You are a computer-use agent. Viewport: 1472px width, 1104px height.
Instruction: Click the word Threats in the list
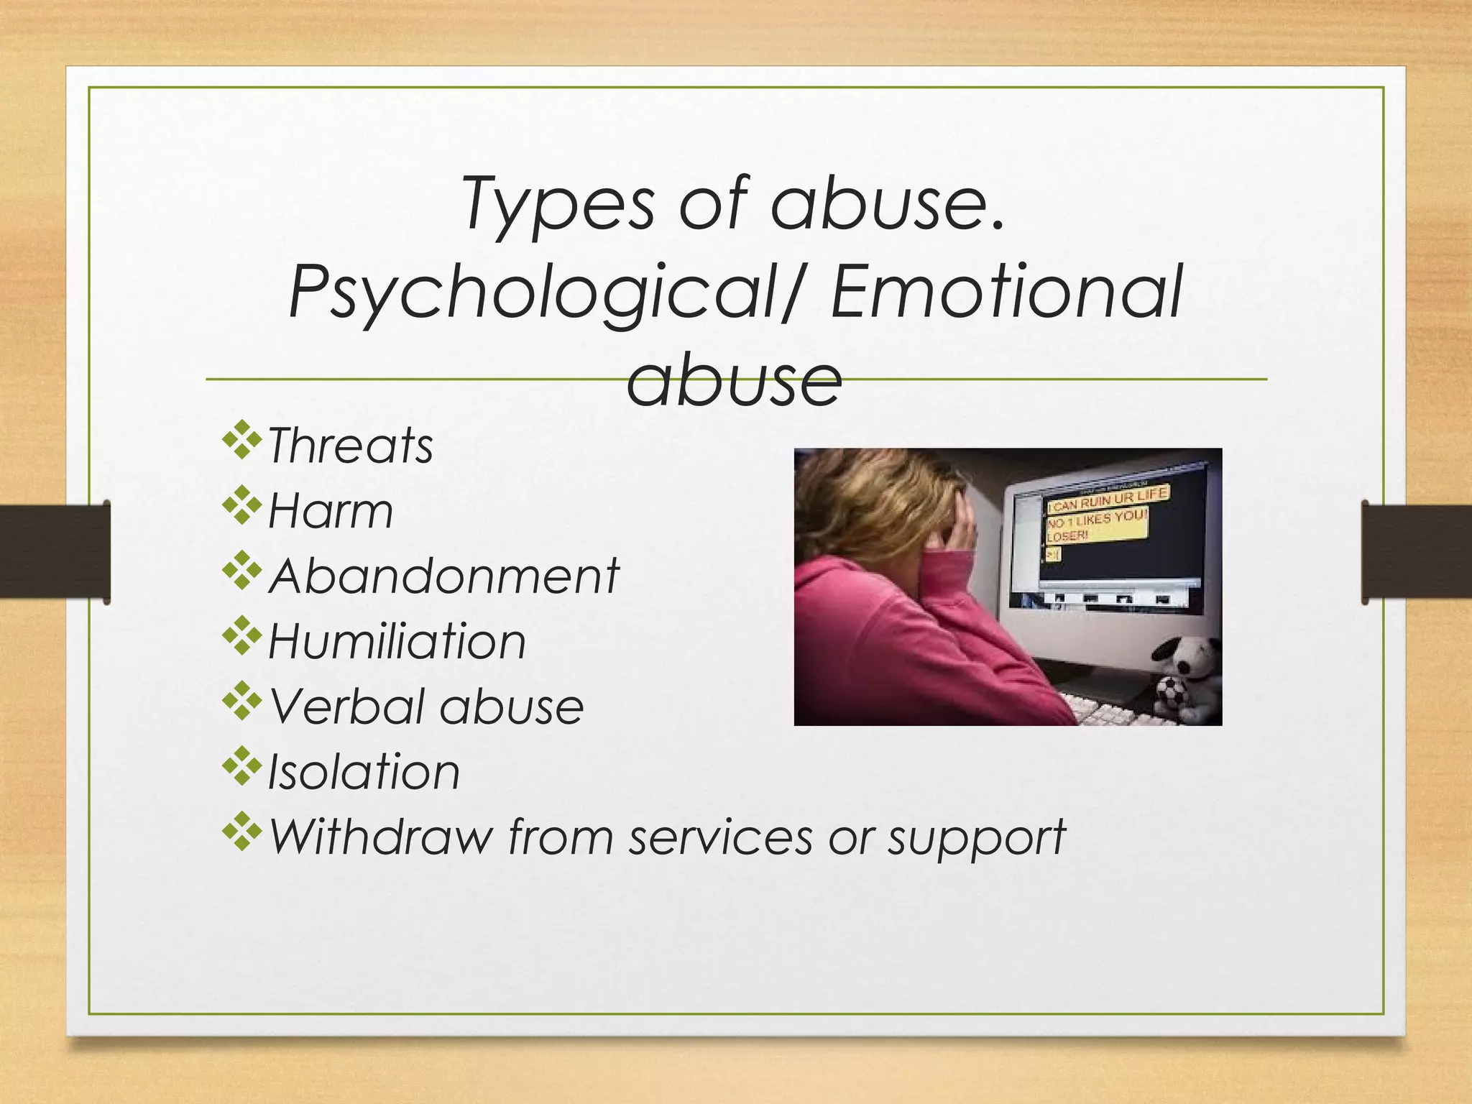[x=350, y=446]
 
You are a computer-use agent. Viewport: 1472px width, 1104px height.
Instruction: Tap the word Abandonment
[x=443, y=576]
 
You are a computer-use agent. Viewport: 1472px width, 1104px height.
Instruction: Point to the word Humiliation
[x=397, y=641]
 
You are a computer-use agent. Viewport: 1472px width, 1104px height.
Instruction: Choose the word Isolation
[x=364, y=772]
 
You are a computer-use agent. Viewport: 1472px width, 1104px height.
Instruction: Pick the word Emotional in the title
[x=1006, y=291]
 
